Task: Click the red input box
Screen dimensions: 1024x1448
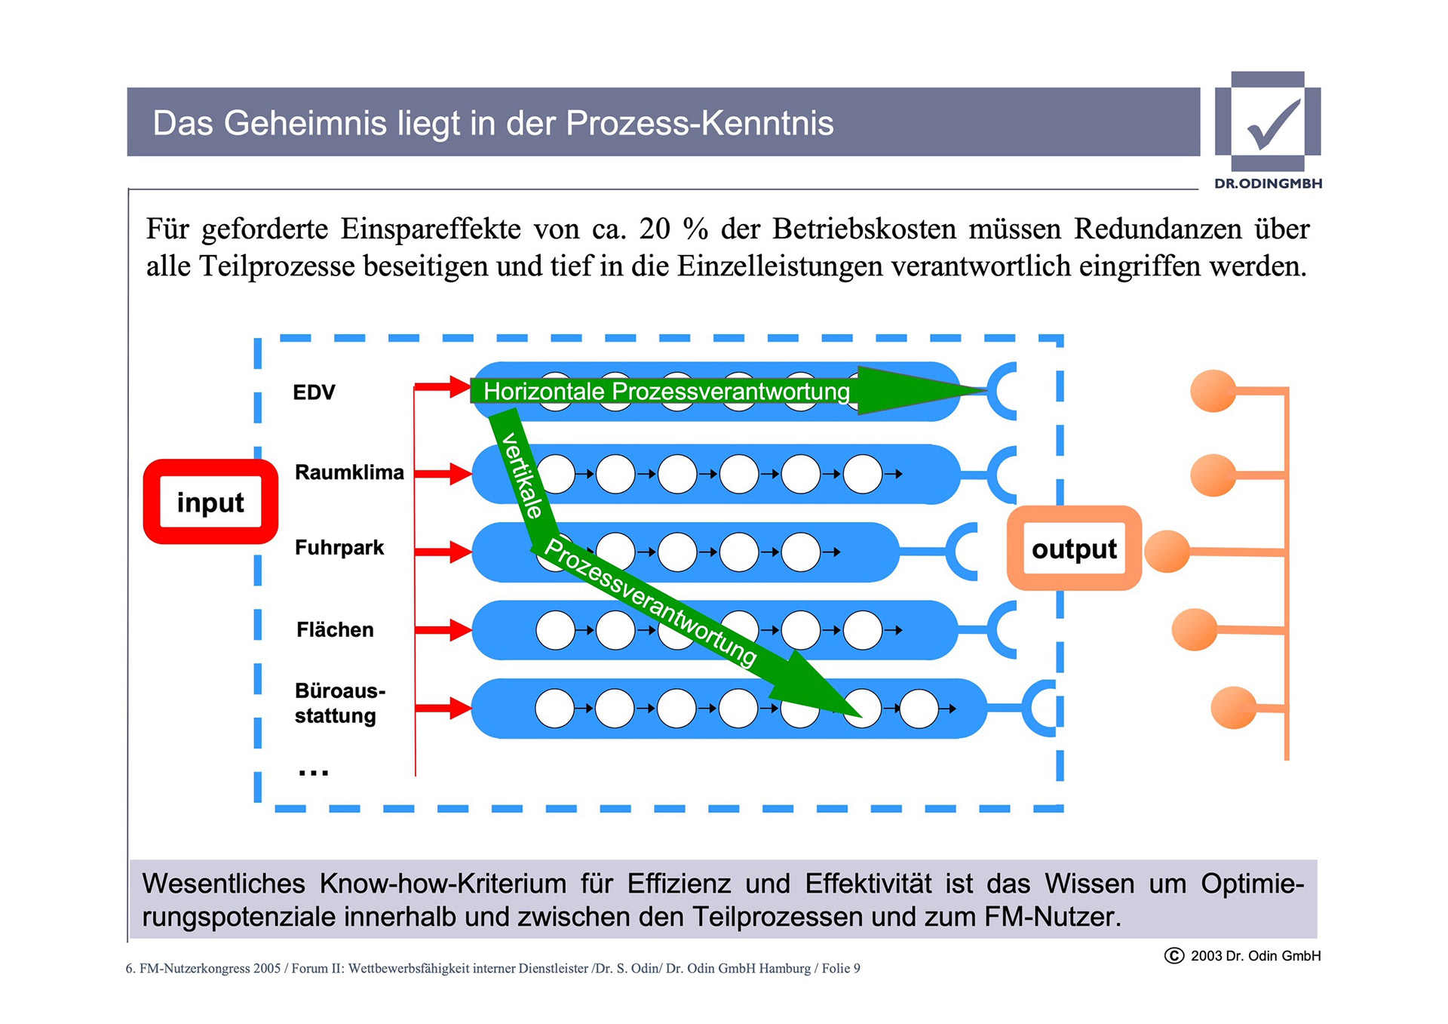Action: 210,502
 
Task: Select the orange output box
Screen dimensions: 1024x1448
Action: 1074,549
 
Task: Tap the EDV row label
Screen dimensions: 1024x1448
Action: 314,392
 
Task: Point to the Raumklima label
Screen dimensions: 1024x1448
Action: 349,472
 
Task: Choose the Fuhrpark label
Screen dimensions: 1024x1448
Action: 339,547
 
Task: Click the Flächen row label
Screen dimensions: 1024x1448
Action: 335,629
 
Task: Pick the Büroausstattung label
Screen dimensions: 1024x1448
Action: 339,703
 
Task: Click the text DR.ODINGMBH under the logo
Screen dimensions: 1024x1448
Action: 1268,183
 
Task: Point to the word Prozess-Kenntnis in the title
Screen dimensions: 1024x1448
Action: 700,123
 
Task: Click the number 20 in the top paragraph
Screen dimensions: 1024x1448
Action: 655,229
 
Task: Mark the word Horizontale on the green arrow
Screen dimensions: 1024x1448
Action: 544,391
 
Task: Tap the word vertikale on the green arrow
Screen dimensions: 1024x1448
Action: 522,475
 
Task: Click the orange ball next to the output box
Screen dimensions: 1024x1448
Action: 1167,551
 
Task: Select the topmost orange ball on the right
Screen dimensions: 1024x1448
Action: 1213,391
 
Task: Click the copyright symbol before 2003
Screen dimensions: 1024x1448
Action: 1174,955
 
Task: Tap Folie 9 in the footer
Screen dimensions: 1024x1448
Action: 841,968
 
